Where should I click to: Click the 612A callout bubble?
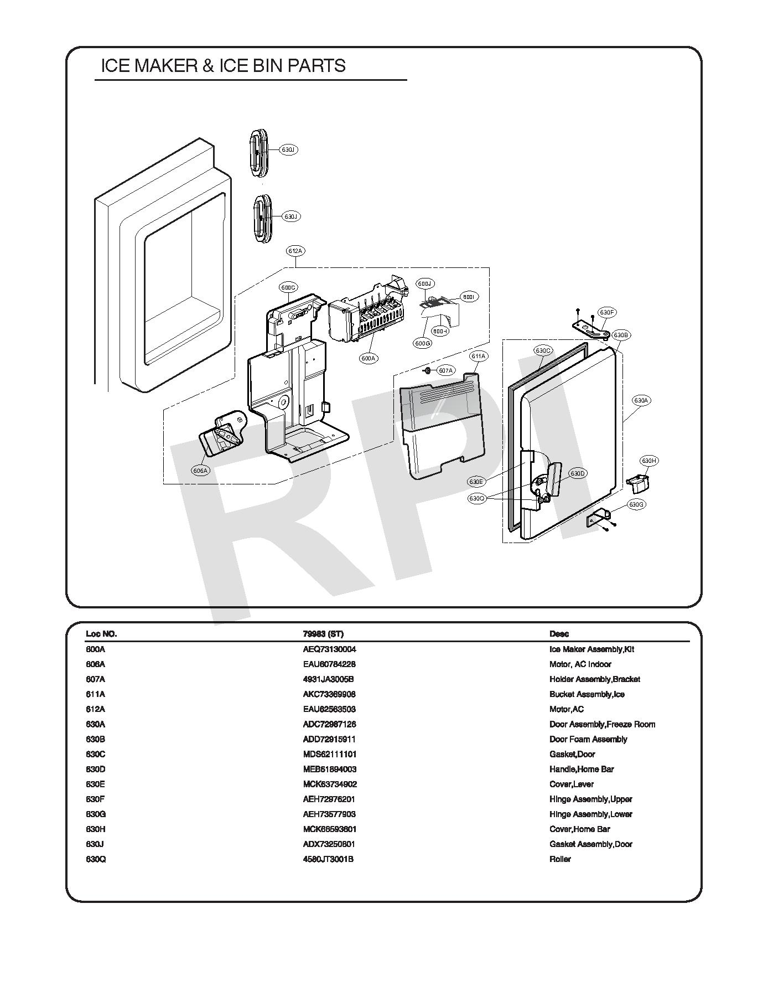(295, 251)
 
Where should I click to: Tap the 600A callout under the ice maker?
(369, 358)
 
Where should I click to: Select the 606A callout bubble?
(200, 471)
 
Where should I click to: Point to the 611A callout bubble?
(478, 357)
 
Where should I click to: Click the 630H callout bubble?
(649, 461)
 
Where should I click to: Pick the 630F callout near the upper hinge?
(607, 312)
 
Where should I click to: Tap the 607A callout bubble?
(445, 370)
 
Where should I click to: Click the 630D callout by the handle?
(578, 473)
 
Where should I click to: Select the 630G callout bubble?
(637, 504)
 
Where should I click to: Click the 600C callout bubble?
(288, 287)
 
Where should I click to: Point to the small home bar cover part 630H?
(639, 483)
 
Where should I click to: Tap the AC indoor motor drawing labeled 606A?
(222, 435)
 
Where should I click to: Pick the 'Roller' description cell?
(560, 859)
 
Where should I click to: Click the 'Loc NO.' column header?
(101, 634)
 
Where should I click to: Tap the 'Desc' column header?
(559, 634)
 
